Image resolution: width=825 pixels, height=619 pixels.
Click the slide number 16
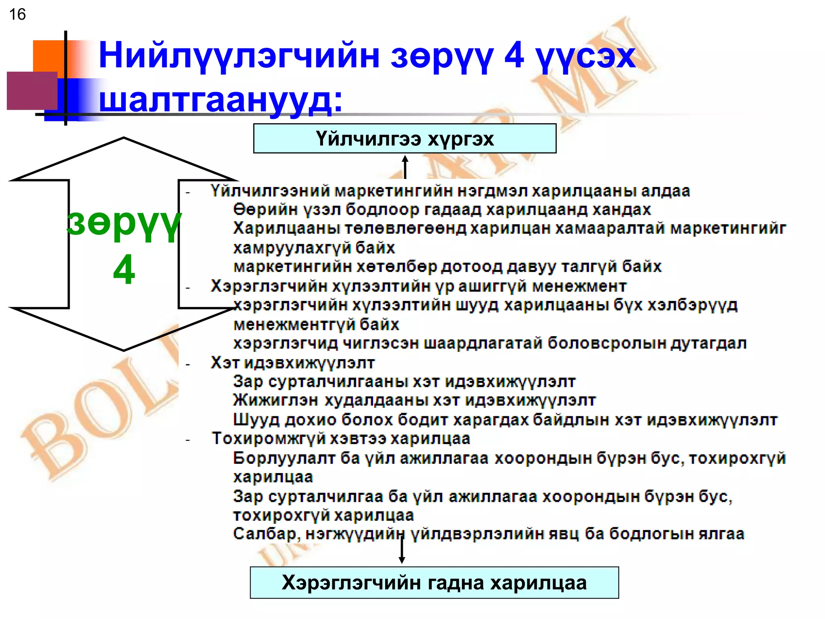17,15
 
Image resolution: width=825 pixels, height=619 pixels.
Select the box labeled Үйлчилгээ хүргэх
404,139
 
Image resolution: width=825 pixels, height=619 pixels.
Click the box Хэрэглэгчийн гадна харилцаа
434,582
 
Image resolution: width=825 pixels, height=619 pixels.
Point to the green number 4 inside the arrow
124,269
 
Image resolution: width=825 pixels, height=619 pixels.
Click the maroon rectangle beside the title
32,91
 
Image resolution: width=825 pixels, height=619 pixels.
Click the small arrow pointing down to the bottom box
402,551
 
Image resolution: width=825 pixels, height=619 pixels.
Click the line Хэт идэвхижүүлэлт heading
292,363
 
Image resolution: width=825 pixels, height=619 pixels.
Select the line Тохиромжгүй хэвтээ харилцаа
341,438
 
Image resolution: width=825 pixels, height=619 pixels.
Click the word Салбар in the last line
265,534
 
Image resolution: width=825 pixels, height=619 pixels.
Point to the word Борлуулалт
284,458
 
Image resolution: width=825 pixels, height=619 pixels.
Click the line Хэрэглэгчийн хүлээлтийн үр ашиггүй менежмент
419,286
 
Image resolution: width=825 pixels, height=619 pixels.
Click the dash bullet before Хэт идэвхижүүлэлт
188,365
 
